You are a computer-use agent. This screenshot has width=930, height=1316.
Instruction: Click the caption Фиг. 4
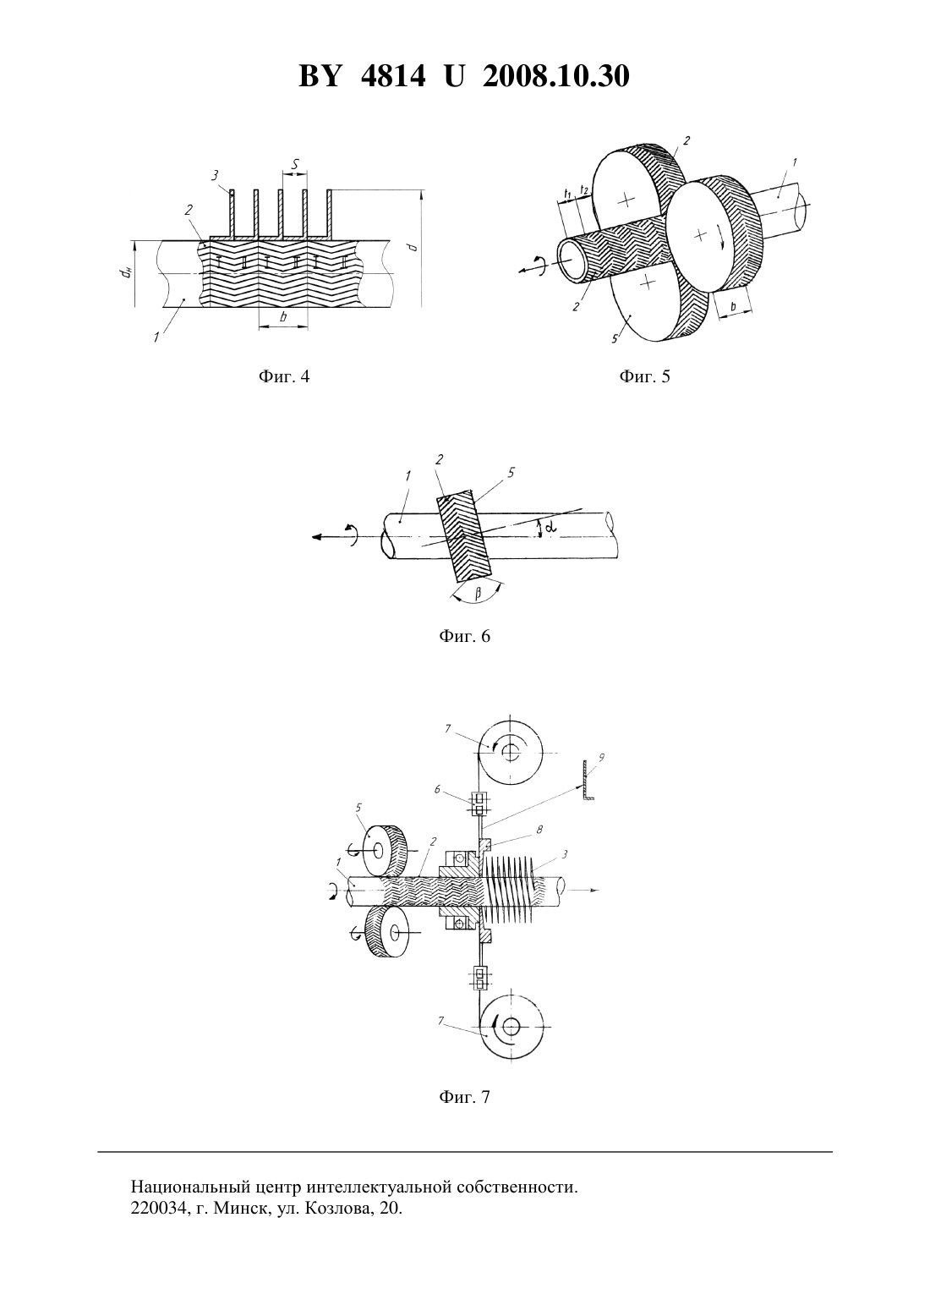coord(283,376)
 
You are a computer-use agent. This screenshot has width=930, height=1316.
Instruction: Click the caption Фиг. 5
coord(644,376)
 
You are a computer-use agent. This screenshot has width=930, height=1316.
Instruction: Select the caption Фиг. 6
coord(464,636)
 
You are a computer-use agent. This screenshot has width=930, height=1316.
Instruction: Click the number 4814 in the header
coord(393,76)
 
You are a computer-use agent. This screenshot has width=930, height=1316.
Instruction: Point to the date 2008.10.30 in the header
coord(556,76)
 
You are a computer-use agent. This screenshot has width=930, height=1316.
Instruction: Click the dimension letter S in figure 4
coord(295,165)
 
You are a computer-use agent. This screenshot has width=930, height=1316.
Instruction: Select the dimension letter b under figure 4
coord(283,317)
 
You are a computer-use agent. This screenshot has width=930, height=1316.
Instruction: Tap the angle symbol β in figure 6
coord(478,594)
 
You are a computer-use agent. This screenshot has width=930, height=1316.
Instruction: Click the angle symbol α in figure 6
coord(550,528)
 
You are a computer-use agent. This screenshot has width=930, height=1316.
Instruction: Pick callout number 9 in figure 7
coord(601,757)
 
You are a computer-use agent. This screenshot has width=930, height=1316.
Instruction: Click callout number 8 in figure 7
coord(539,829)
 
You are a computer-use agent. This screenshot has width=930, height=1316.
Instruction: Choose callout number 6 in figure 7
coord(437,790)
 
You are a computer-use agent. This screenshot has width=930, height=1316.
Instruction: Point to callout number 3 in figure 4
coord(216,174)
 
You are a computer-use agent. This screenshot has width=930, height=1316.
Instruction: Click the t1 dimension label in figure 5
coord(567,192)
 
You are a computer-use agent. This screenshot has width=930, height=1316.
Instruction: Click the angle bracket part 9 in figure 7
coord(587,780)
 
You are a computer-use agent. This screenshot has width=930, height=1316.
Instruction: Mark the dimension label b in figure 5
coord(734,306)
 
